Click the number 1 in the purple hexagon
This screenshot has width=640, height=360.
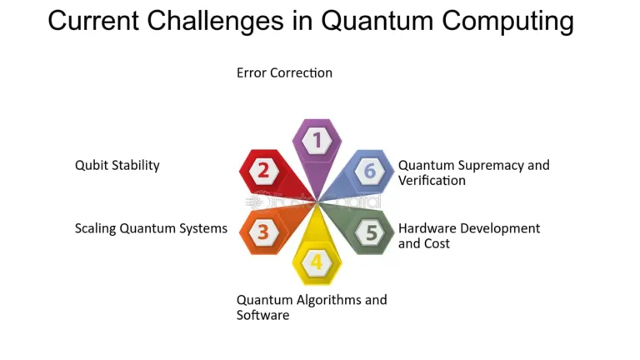[x=317, y=139]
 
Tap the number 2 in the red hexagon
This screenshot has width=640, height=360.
[x=263, y=171]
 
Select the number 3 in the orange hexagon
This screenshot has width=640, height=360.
[x=262, y=232]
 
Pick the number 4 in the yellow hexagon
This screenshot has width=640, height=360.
[x=317, y=262]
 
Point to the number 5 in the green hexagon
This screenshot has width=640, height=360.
[x=371, y=232]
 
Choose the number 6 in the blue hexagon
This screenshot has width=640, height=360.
[x=371, y=171]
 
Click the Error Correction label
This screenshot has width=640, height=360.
[x=284, y=72]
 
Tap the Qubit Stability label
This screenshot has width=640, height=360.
[x=117, y=165]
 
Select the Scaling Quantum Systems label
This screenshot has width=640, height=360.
[x=151, y=228]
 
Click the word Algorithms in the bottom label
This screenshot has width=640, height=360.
[x=328, y=300]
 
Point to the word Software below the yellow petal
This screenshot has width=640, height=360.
[x=262, y=316]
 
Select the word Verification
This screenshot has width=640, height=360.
[x=432, y=181]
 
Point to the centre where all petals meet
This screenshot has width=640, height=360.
[x=317, y=201]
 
